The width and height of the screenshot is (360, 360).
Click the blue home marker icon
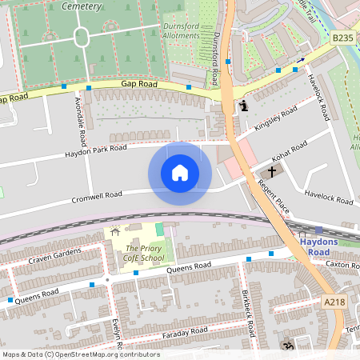point(180,173)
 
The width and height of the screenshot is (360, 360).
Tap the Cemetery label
point(79,6)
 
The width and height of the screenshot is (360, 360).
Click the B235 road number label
point(342,38)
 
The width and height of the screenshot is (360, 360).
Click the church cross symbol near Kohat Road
point(271,172)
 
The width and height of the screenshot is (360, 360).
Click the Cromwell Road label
point(96,194)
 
